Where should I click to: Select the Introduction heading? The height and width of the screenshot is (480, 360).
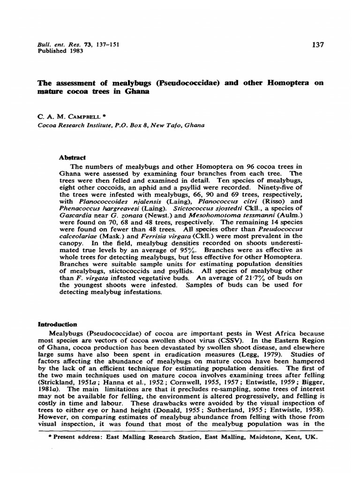point(57,324)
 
